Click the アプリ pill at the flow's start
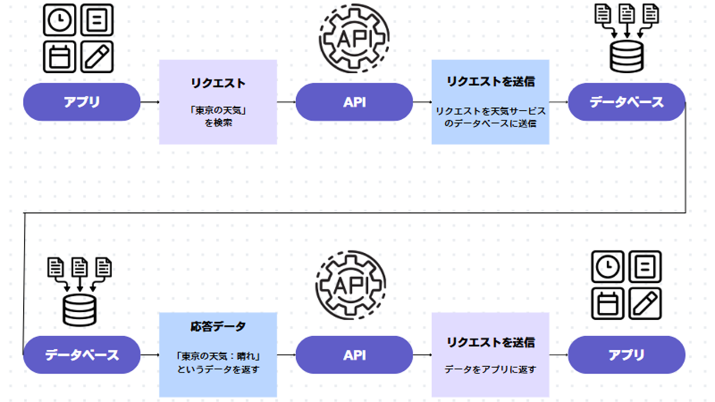pos(82,102)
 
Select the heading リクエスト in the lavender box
pos(218,83)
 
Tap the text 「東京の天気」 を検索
pos(218,116)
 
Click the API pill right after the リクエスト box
pos(354,102)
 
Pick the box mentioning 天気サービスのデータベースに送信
pos(490,102)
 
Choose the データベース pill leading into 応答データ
pos(82,355)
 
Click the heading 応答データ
pos(218,327)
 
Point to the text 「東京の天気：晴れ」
pos(218,356)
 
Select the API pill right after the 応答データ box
pos(354,355)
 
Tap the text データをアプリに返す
pos(490,369)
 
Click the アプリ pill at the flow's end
pos(626,355)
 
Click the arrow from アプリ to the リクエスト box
pos(150,102)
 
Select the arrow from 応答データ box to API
pos(286,355)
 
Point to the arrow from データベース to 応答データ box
pos(150,355)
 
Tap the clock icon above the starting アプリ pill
pos(59,20)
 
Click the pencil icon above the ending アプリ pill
pos(645,303)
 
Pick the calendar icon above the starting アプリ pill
pos(59,57)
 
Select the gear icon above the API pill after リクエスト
pos(354,38)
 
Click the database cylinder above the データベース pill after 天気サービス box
pos(627,56)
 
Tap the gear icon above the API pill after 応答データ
pos(351,285)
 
